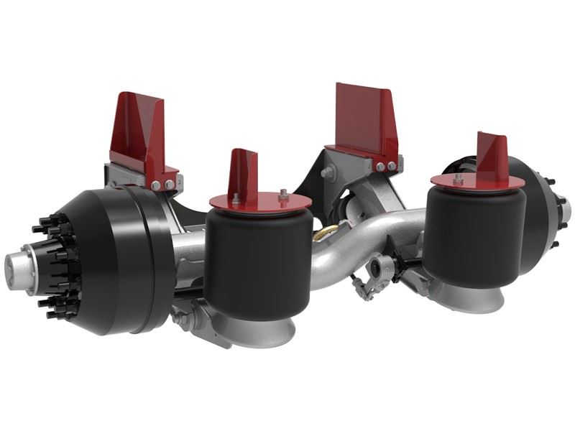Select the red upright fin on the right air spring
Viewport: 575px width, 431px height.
[x=493, y=152]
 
